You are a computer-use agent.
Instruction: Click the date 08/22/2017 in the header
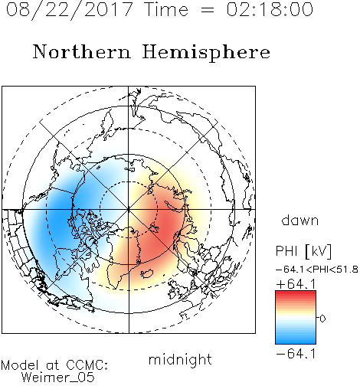pyautogui.click(x=70, y=10)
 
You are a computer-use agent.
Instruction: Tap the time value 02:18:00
pyautogui.click(x=270, y=9)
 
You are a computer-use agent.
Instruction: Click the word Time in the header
pyautogui.click(x=166, y=9)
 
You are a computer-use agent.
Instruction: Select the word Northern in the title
pyautogui.click(x=82, y=51)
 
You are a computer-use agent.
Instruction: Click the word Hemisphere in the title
pyautogui.click(x=206, y=53)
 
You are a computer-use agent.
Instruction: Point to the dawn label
pyautogui.click(x=300, y=220)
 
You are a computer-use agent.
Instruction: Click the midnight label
pyautogui.click(x=180, y=359)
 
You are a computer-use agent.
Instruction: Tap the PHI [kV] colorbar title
pyautogui.click(x=303, y=251)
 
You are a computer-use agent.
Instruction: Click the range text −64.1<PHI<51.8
pyautogui.click(x=316, y=270)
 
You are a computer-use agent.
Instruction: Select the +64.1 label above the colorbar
pyautogui.click(x=296, y=284)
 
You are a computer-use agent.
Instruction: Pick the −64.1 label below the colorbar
pyautogui.click(x=296, y=354)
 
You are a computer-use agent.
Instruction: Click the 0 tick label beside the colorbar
pyautogui.click(x=322, y=319)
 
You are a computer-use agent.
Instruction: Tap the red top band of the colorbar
pyautogui.click(x=296, y=293)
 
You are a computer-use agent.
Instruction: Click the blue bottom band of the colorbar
pyautogui.click(x=296, y=341)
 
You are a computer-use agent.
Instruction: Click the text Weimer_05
pyautogui.click(x=58, y=378)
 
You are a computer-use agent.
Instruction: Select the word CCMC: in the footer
pyautogui.click(x=87, y=364)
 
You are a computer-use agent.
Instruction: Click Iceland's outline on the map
pyautogui.click(x=147, y=273)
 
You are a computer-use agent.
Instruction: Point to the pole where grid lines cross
pyautogui.click(x=129, y=209)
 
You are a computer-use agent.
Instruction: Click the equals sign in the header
pyautogui.click(x=208, y=10)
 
